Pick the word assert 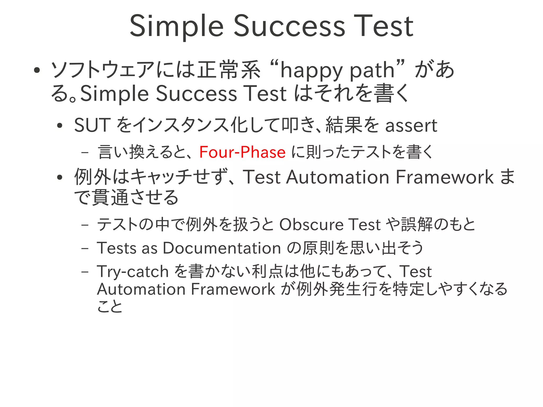point(411,126)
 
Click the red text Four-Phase point(242,152)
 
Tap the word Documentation point(222,248)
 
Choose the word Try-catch point(133,272)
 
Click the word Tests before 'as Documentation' point(117,248)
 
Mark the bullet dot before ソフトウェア point(37,70)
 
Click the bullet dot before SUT point(60,126)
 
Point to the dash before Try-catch point(85,272)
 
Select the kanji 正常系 point(229,70)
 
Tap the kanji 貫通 point(110,198)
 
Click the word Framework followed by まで point(444,177)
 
